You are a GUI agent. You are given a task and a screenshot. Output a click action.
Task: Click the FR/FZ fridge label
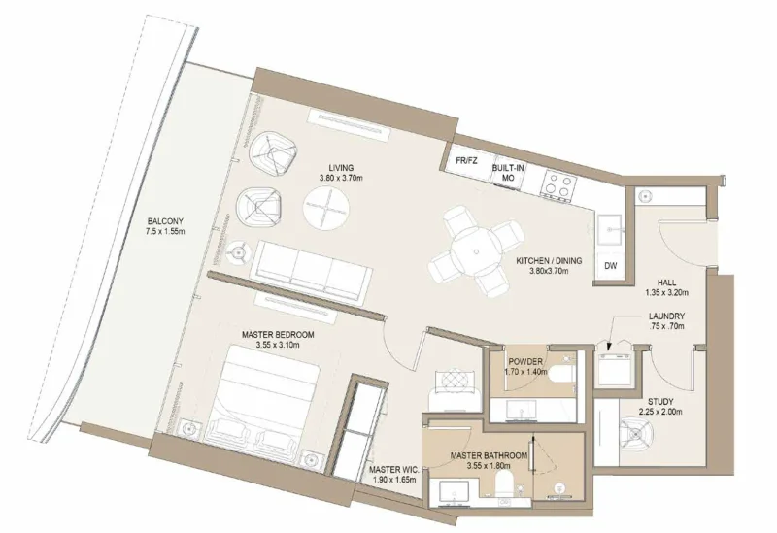pyautogui.click(x=465, y=160)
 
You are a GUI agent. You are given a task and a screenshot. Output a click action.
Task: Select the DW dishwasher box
pyautogui.click(x=611, y=265)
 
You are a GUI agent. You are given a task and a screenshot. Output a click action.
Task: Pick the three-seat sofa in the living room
pyautogui.click(x=314, y=268)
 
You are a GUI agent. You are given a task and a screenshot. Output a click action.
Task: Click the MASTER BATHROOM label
pyautogui.click(x=489, y=459)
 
